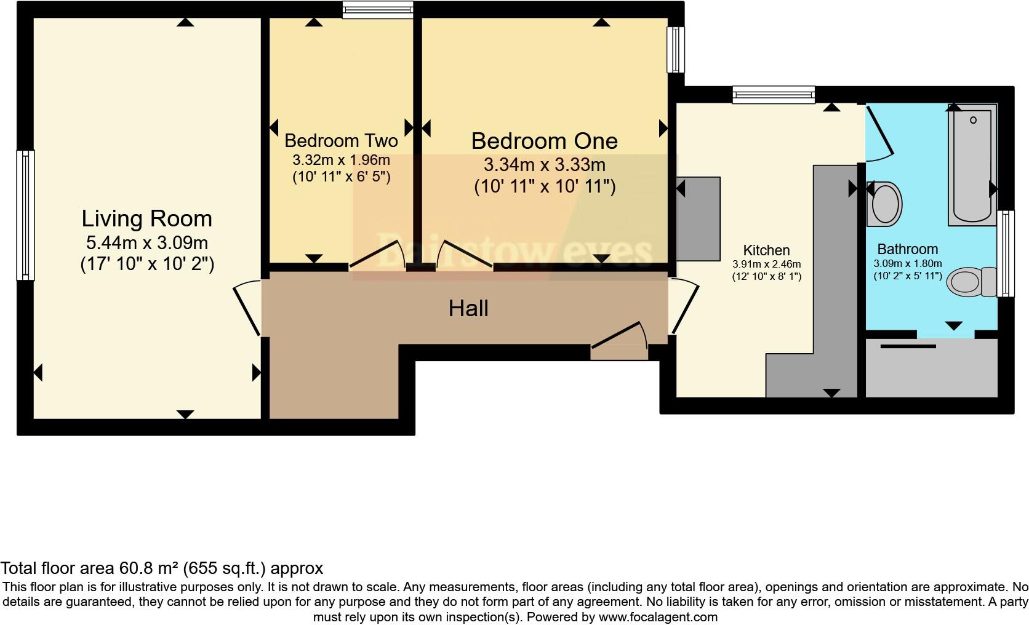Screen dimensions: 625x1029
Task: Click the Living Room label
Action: pos(146,218)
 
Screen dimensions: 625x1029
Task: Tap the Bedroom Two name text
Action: pos(341,141)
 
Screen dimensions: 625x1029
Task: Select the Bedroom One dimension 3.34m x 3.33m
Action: pos(544,165)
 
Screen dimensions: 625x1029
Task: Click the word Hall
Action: pos(468,308)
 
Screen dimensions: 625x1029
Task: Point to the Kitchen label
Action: pos(766,250)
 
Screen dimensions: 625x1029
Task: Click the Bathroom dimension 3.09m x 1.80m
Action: pos(908,263)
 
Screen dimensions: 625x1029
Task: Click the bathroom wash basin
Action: pos(884,203)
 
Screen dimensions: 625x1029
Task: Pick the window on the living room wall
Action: pos(25,215)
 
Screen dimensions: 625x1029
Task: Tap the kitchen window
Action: pos(774,95)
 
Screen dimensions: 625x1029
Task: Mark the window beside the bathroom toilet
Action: pos(1006,253)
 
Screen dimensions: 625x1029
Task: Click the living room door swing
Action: pos(247,308)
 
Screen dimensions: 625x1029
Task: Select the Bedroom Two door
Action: pos(377,256)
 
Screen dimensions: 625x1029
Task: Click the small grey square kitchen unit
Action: pos(699,218)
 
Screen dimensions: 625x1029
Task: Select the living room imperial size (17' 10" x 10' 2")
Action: pos(147,265)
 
